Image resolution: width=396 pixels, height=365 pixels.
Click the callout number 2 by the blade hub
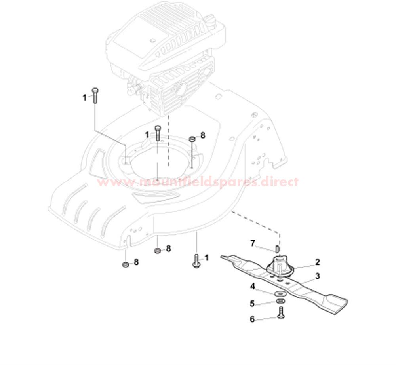point(318,262)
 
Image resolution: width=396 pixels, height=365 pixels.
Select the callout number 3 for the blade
point(318,276)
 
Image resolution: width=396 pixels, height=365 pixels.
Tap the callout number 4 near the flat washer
point(253,287)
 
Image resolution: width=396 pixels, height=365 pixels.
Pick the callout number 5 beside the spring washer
point(252,304)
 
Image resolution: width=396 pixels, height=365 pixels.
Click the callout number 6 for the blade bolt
point(252,319)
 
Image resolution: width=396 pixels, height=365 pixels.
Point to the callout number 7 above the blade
point(253,243)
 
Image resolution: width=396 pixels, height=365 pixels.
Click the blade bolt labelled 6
point(281,312)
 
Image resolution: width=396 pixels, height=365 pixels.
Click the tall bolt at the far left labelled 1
point(95,95)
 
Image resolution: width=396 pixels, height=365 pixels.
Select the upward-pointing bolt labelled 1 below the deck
point(196,261)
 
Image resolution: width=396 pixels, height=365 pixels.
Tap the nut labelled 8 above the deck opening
point(192,139)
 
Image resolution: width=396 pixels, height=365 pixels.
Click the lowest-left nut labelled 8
point(125,265)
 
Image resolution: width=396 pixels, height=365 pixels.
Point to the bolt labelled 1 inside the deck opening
point(157,133)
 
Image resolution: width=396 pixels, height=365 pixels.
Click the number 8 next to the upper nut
point(202,135)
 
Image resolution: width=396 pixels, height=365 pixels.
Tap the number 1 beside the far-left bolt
point(85,97)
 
